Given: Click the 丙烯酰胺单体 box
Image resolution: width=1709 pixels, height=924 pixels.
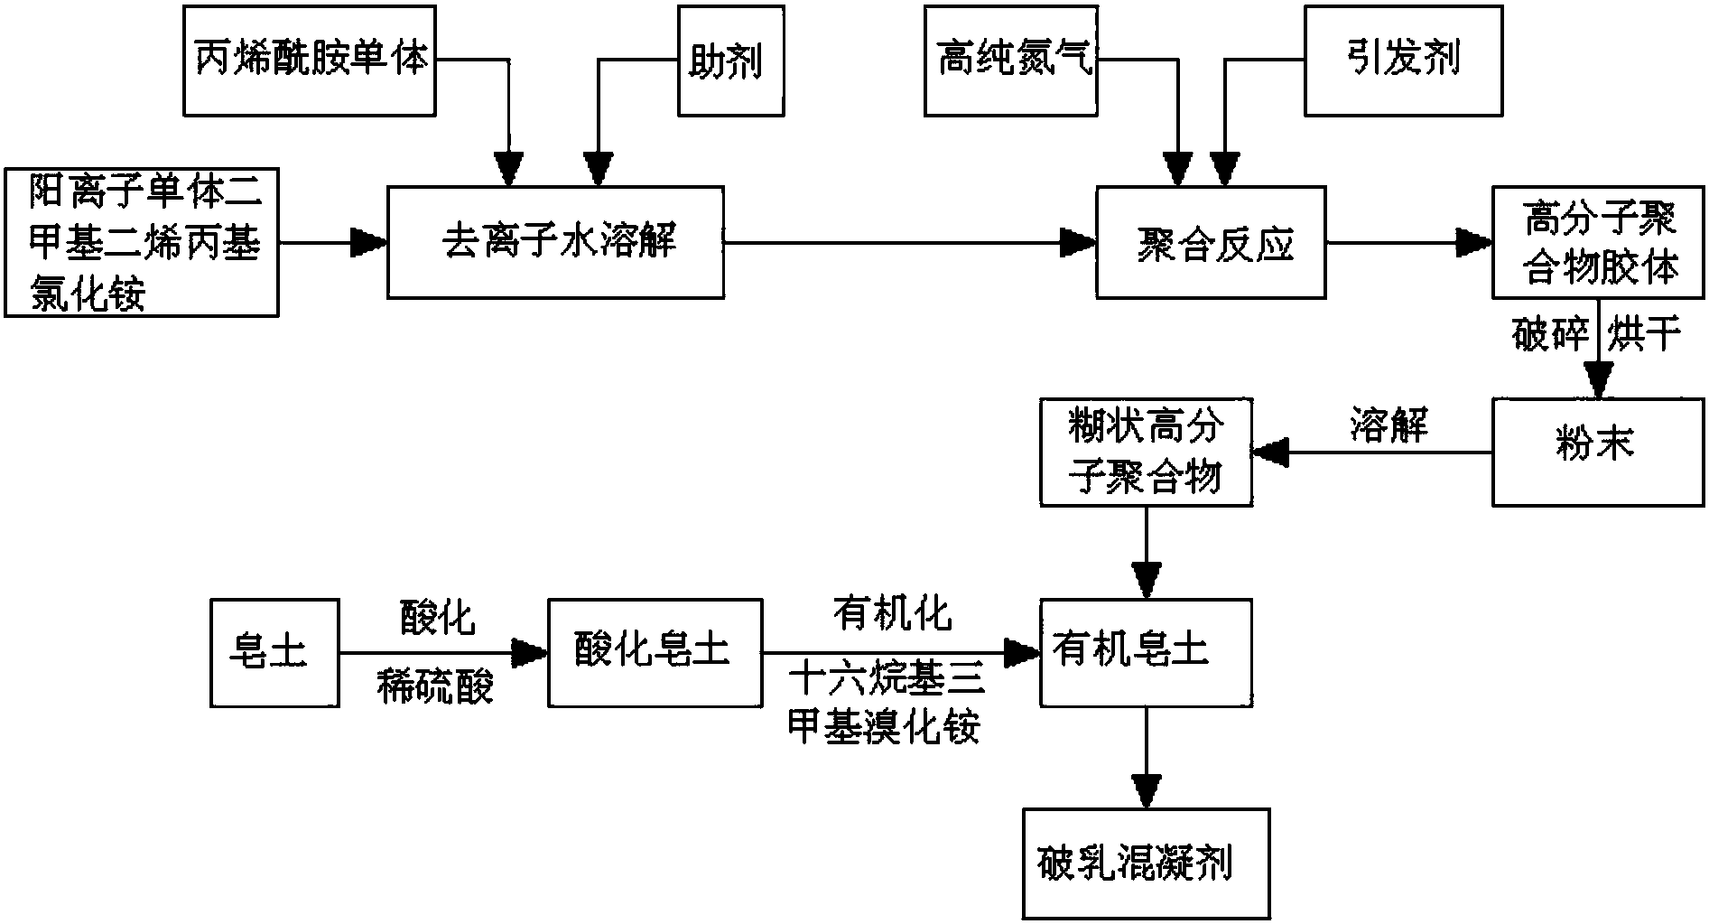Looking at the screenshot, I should point(310,61).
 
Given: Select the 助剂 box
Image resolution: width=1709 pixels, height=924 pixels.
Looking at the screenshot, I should point(730,61).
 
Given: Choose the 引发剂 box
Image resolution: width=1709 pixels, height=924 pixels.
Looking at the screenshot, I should point(1403,61).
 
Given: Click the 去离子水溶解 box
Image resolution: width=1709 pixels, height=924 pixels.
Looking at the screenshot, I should point(555,242).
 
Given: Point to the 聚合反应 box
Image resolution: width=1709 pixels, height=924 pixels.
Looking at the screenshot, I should point(1211,242).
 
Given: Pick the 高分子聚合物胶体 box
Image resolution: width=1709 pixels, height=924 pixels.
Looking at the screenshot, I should point(1599,242).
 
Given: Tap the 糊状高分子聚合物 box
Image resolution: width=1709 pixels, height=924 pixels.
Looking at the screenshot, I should point(1146,452).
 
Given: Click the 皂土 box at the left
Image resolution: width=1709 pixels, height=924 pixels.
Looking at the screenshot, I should point(274,652).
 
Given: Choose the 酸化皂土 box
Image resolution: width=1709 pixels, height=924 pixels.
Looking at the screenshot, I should point(655,652).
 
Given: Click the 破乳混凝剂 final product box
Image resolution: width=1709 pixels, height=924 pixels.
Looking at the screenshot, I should point(1146,863).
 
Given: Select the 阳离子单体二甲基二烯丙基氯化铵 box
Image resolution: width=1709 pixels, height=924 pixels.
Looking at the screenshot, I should point(141,241).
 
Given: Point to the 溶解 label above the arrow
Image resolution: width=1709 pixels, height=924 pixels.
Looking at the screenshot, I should point(1389,425).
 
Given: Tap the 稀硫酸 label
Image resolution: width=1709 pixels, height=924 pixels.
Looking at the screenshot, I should point(435,688).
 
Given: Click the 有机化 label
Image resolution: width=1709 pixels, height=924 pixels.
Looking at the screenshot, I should point(892,614).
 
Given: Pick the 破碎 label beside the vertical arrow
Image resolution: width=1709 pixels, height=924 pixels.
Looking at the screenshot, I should point(1549,335).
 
